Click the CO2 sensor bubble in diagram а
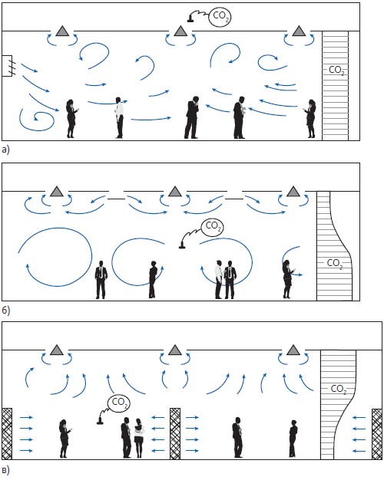pyautogui.click(x=220, y=16)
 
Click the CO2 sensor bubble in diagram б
pyautogui.click(x=212, y=227)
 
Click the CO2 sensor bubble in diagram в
pyautogui.click(x=119, y=403)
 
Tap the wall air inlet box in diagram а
pyautogui.click(x=7, y=65)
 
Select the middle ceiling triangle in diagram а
pyautogui.click(x=180, y=31)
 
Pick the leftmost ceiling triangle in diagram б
pyautogui.click(x=56, y=192)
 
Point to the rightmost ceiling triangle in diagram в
pyautogui.click(x=293, y=350)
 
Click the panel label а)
pyautogui.click(x=6, y=150)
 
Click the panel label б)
pyautogui.click(x=6, y=311)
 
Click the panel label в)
pyautogui.click(x=6, y=470)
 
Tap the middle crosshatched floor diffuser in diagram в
pyautogui.click(x=175, y=433)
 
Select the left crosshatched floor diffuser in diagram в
pyautogui.click(x=7, y=433)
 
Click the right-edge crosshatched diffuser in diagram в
pyautogui.click(x=377, y=434)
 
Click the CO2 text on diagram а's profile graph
pyautogui.click(x=336, y=70)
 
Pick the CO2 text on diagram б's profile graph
pyautogui.click(x=335, y=263)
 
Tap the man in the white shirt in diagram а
pyautogui.click(x=119, y=117)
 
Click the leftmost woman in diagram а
pyautogui.click(x=71, y=119)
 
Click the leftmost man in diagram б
pyautogui.click(x=101, y=280)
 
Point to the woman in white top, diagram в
pyautogui.click(x=139, y=439)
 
